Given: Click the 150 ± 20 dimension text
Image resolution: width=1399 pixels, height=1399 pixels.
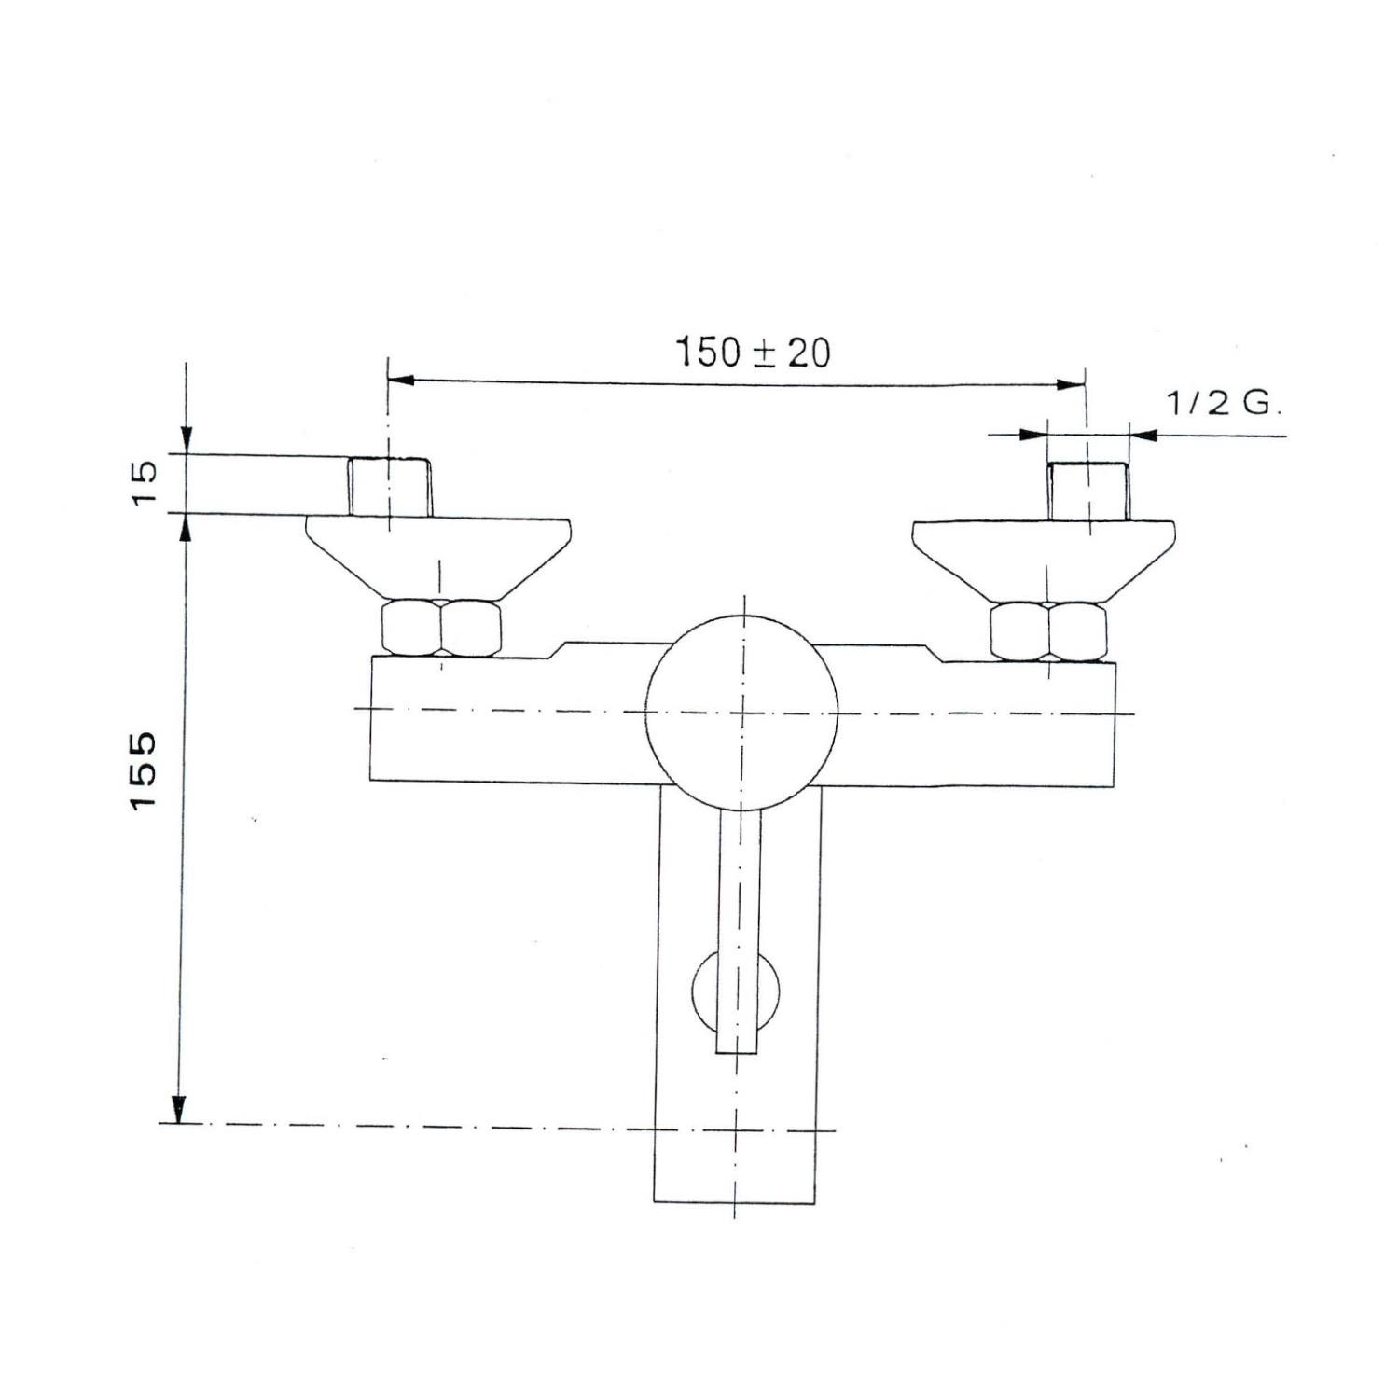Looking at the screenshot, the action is [752, 353].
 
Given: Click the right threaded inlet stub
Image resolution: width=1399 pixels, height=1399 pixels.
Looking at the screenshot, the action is [1087, 492].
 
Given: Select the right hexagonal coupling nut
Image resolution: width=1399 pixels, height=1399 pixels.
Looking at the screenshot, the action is [1048, 632].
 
